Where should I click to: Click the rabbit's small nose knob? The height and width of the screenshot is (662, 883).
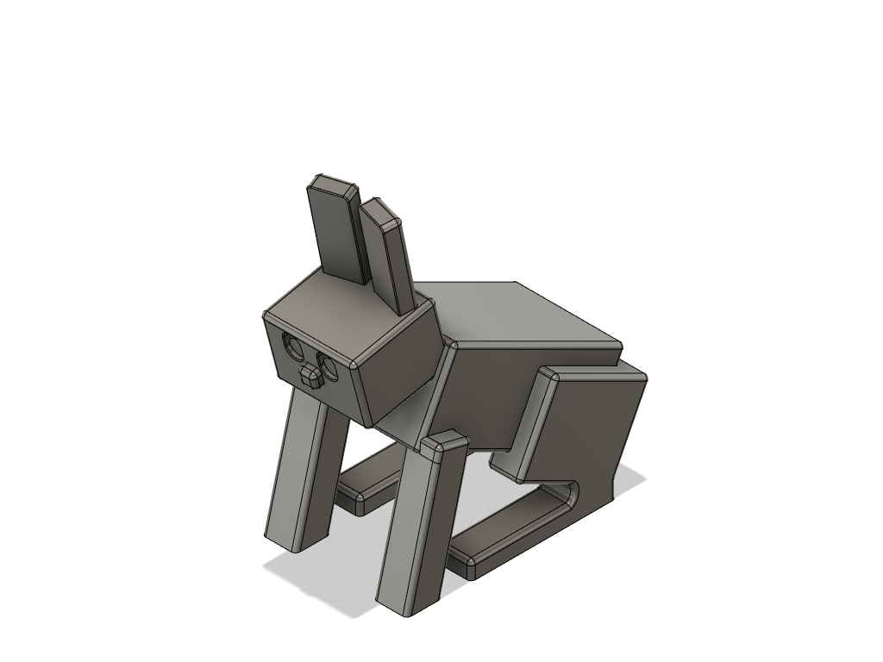[x=310, y=376]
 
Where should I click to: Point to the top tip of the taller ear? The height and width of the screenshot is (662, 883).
[x=334, y=184]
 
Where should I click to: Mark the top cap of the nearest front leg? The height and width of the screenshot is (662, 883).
[x=444, y=444]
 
